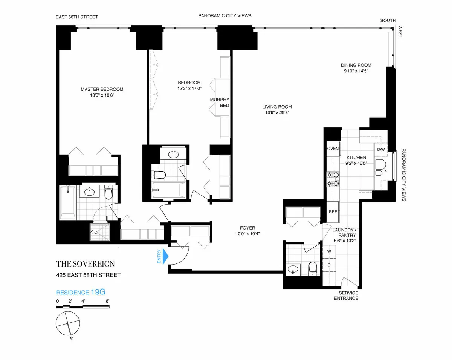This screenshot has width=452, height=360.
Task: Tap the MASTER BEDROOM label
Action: click(x=102, y=89)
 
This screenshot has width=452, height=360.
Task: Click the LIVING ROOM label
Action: click(x=277, y=107)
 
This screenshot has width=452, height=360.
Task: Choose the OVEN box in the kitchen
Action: click(x=333, y=149)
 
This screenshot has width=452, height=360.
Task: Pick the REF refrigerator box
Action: click(x=333, y=211)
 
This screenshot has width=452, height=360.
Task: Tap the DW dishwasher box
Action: click(x=381, y=149)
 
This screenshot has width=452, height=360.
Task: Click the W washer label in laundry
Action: click(x=329, y=251)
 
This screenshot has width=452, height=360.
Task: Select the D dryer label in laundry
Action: click(x=329, y=265)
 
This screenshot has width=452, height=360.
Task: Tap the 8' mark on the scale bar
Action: click(x=108, y=301)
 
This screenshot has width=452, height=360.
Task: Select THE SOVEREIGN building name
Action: click(x=86, y=263)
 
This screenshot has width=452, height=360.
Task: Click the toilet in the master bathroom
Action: click(x=109, y=193)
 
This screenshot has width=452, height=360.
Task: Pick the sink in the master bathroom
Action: click(x=90, y=192)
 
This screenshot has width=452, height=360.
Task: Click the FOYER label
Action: click(x=247, y=228)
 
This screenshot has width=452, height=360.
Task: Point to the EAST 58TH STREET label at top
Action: click(x=77, y=17)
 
